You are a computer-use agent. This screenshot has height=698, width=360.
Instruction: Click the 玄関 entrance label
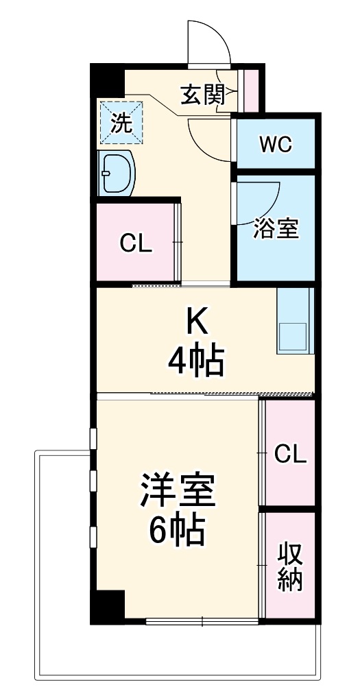tap(202, 95)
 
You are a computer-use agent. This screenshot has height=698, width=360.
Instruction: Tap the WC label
tap(276, 145)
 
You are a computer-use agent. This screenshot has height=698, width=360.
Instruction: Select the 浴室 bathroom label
tap(276, 229)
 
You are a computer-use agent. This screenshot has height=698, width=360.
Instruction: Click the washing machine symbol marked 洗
tap(121, 123)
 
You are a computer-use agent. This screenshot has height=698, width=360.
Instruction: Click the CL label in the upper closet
tap(135, 243)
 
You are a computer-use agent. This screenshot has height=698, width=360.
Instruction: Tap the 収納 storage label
tap(290, 567)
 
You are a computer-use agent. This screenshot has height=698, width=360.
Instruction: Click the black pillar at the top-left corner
tap(107, 81)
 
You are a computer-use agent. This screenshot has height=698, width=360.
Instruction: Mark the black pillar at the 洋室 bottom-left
tap(108, 605)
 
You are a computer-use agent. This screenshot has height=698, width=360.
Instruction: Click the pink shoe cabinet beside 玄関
tap(252, 90)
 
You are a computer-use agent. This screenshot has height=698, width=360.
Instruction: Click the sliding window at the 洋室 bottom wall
tap(203, 622)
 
